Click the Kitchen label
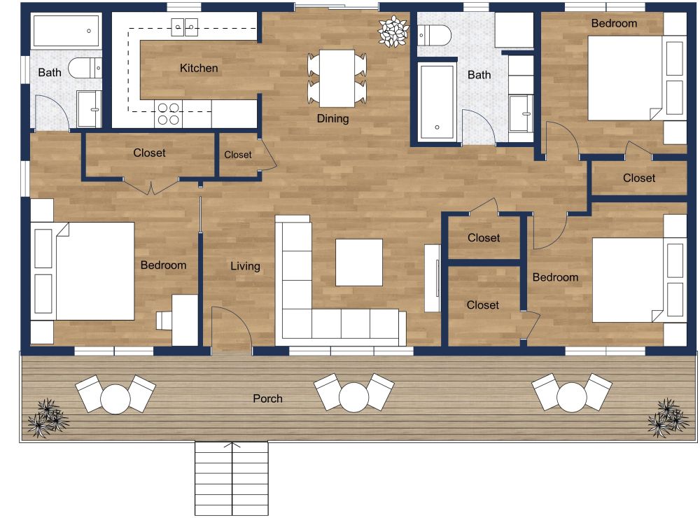pos(199,68)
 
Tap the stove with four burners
pos(168,113)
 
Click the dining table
pos(337,77)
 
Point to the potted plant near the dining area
pos(392,31)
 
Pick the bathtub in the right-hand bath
pos(436,101)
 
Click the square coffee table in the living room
pos(359,262)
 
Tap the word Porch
pos(267,398)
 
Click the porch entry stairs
pos(231,479)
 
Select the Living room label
pos(245,266)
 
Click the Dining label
pos(332,118)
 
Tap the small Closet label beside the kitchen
pos(238,155)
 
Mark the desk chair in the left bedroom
pos(163,320)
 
